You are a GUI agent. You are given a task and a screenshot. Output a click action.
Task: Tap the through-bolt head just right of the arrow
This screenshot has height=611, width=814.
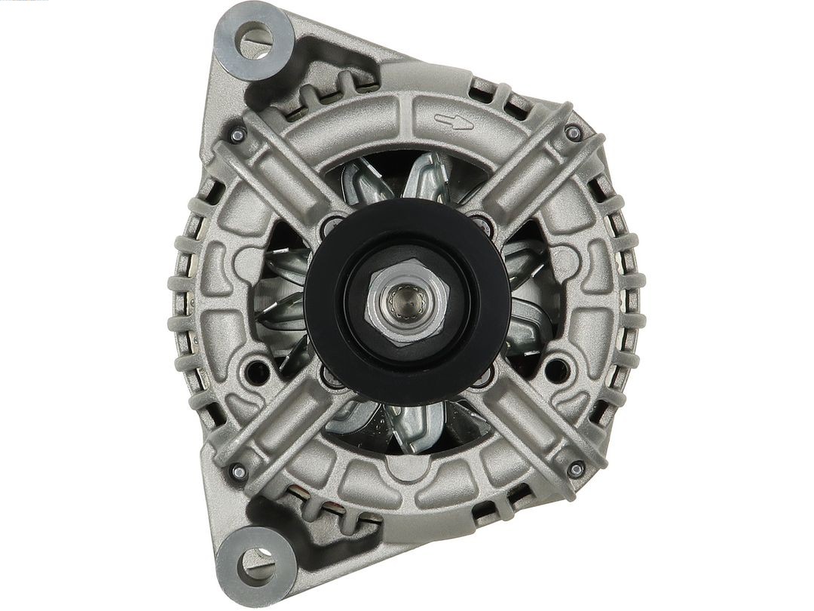571,134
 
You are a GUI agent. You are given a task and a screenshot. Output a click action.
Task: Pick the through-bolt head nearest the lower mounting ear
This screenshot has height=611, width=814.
238,472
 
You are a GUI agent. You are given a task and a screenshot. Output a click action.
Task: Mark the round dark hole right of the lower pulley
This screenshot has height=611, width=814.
558,369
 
